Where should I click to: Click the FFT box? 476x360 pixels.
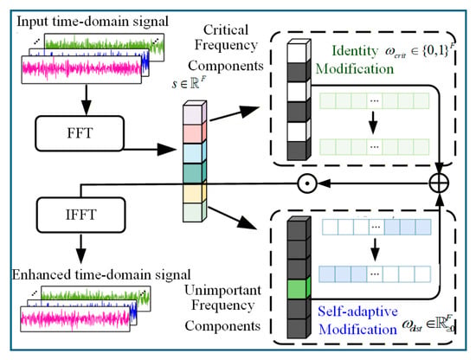80,133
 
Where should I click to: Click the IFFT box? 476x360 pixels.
81,215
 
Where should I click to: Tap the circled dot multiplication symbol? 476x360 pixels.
307,183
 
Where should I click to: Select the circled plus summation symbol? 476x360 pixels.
439,183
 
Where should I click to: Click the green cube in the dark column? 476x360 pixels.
299,288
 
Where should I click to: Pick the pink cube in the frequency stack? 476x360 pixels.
195,132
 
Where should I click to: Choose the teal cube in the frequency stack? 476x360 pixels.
195,172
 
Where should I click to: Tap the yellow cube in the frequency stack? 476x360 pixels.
195,193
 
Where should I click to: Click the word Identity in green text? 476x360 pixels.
355,51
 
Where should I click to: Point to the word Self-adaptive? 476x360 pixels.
357,312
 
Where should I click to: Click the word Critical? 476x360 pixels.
226,29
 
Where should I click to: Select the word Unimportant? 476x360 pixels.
222,290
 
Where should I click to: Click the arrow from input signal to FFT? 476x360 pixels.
87,100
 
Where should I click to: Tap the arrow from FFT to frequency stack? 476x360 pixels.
150,150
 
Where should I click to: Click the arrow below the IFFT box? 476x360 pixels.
80,248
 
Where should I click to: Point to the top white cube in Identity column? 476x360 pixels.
299,51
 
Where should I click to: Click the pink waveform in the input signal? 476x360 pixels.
81,68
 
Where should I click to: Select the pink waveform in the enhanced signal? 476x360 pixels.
75,318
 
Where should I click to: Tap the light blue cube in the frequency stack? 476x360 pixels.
195,152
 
